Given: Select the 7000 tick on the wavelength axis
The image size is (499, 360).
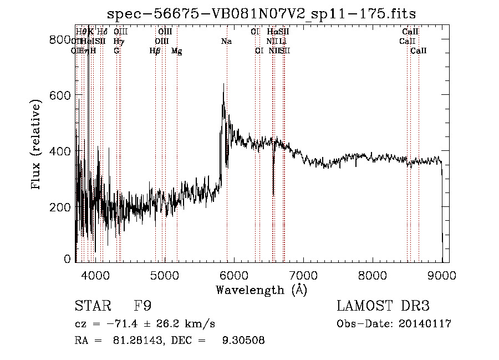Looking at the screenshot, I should click(x=303, y=275).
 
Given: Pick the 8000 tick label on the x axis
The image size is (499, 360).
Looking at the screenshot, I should click(x=373, y=275).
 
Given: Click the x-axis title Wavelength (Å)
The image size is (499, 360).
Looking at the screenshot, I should click(x=261, y=290).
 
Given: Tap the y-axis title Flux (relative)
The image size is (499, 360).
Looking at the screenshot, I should click(x=37, y=145).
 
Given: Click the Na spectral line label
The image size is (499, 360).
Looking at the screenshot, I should click(x=226, y=41).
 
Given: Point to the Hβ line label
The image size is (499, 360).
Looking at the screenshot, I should click(x=155, y=50).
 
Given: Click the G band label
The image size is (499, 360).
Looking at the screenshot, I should click(x=116, y=50).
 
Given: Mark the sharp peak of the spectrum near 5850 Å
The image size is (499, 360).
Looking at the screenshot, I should click(x=223, y=84).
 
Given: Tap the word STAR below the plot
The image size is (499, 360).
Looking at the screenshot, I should click(x=90, y=306).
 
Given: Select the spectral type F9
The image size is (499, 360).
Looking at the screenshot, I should click(x=142, y=306).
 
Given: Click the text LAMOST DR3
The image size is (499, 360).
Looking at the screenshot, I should click(x=383, y=306).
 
